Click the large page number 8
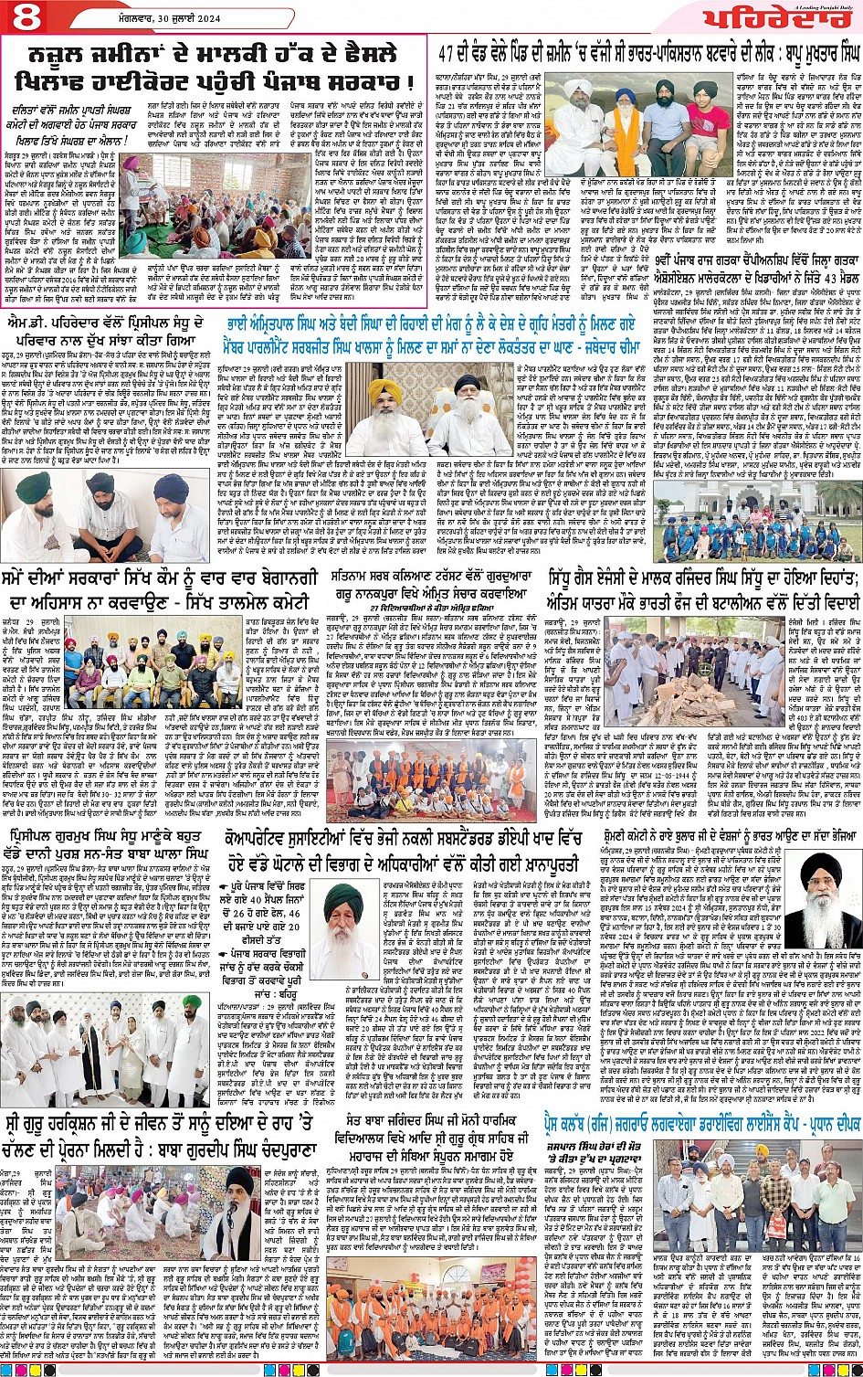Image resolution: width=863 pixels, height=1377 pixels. (x=24, y=17)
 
